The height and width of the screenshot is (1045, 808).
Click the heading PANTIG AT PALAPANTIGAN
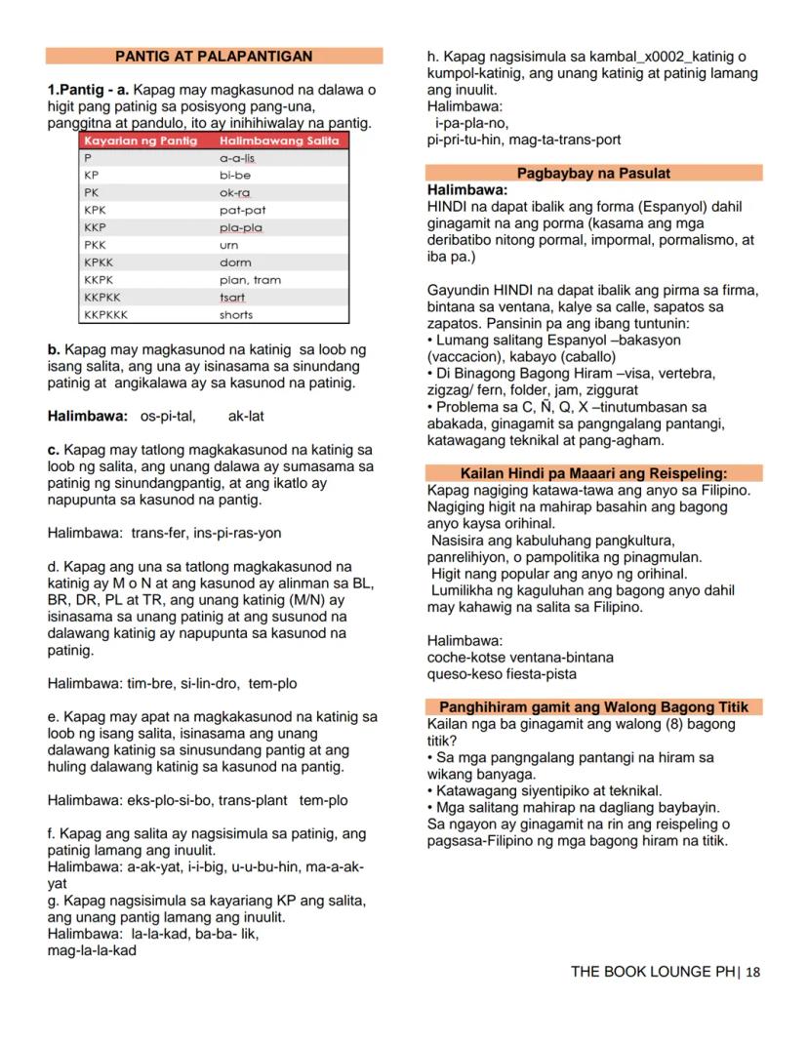pos(214,57)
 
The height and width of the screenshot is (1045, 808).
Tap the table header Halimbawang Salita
pos(279,141)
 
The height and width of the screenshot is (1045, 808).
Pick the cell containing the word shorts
pos(236,315)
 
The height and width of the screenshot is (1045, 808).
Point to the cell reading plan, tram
pos(250,280)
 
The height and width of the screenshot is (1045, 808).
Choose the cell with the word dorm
pos(235,262)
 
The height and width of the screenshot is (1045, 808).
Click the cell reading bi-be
pos(235,175)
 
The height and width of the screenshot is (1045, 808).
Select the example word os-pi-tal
pos(168,416)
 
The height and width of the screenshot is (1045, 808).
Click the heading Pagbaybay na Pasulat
pos(593,173)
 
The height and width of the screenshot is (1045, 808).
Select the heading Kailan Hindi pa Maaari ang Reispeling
pos(593,473)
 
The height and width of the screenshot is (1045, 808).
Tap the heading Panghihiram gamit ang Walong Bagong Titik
pos(593,707)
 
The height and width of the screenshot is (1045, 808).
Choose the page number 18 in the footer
pos(752,972)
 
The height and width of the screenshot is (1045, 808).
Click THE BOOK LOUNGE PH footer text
pos(653,972)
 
